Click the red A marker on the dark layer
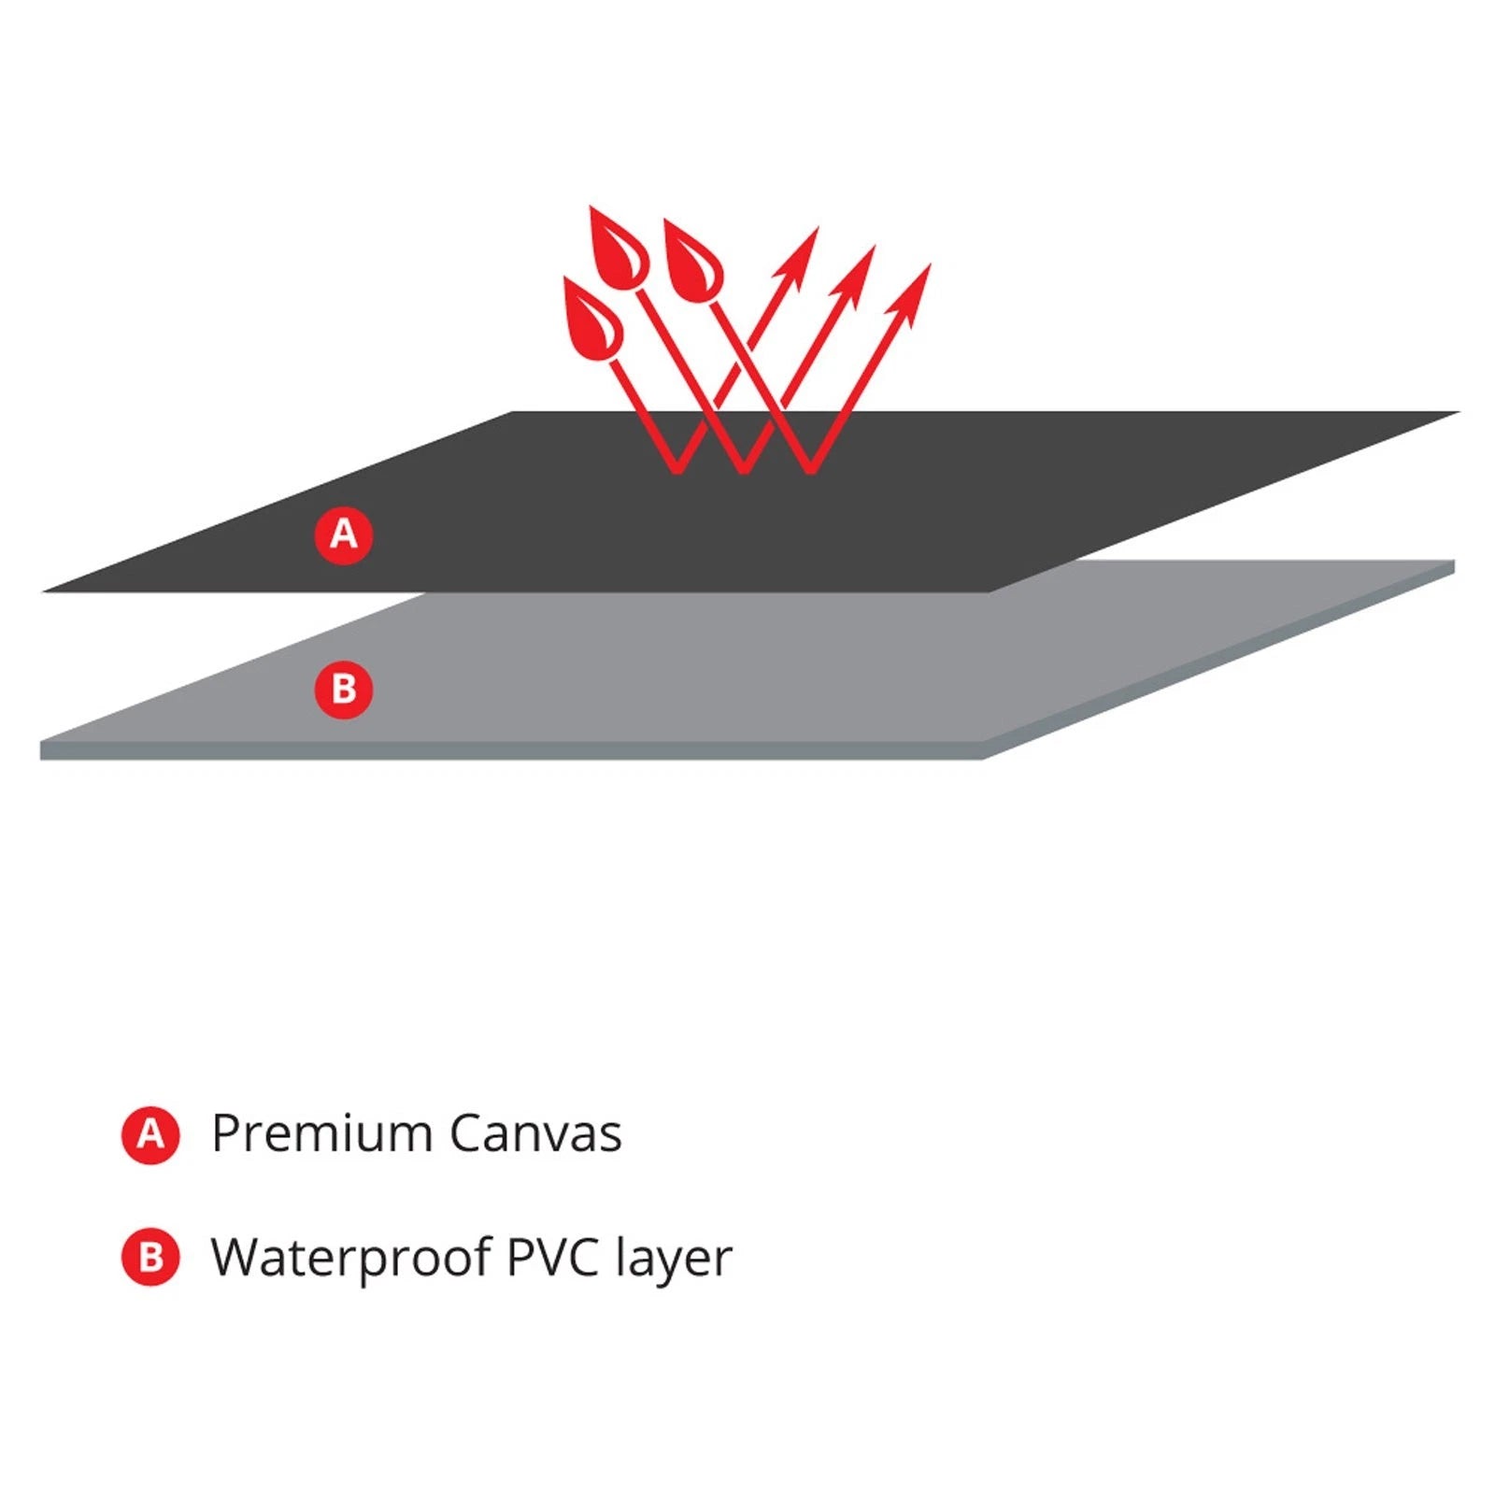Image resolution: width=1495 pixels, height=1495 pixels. pos(343,535)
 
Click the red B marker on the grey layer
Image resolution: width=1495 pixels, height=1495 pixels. pos(343,690)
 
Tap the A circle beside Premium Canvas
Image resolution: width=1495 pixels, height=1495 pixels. pos(150,1135)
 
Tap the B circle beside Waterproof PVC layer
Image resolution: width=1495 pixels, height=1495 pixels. pos(150,1258)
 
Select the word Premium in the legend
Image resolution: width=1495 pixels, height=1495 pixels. pos(320,1134)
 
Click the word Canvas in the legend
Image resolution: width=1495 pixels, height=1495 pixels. pos(535,1134)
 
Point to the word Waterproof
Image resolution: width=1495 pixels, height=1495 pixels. pos(351,1258)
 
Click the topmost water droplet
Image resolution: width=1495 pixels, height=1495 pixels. pos(618,245)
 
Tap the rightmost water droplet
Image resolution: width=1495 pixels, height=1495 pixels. pos(692,262)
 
